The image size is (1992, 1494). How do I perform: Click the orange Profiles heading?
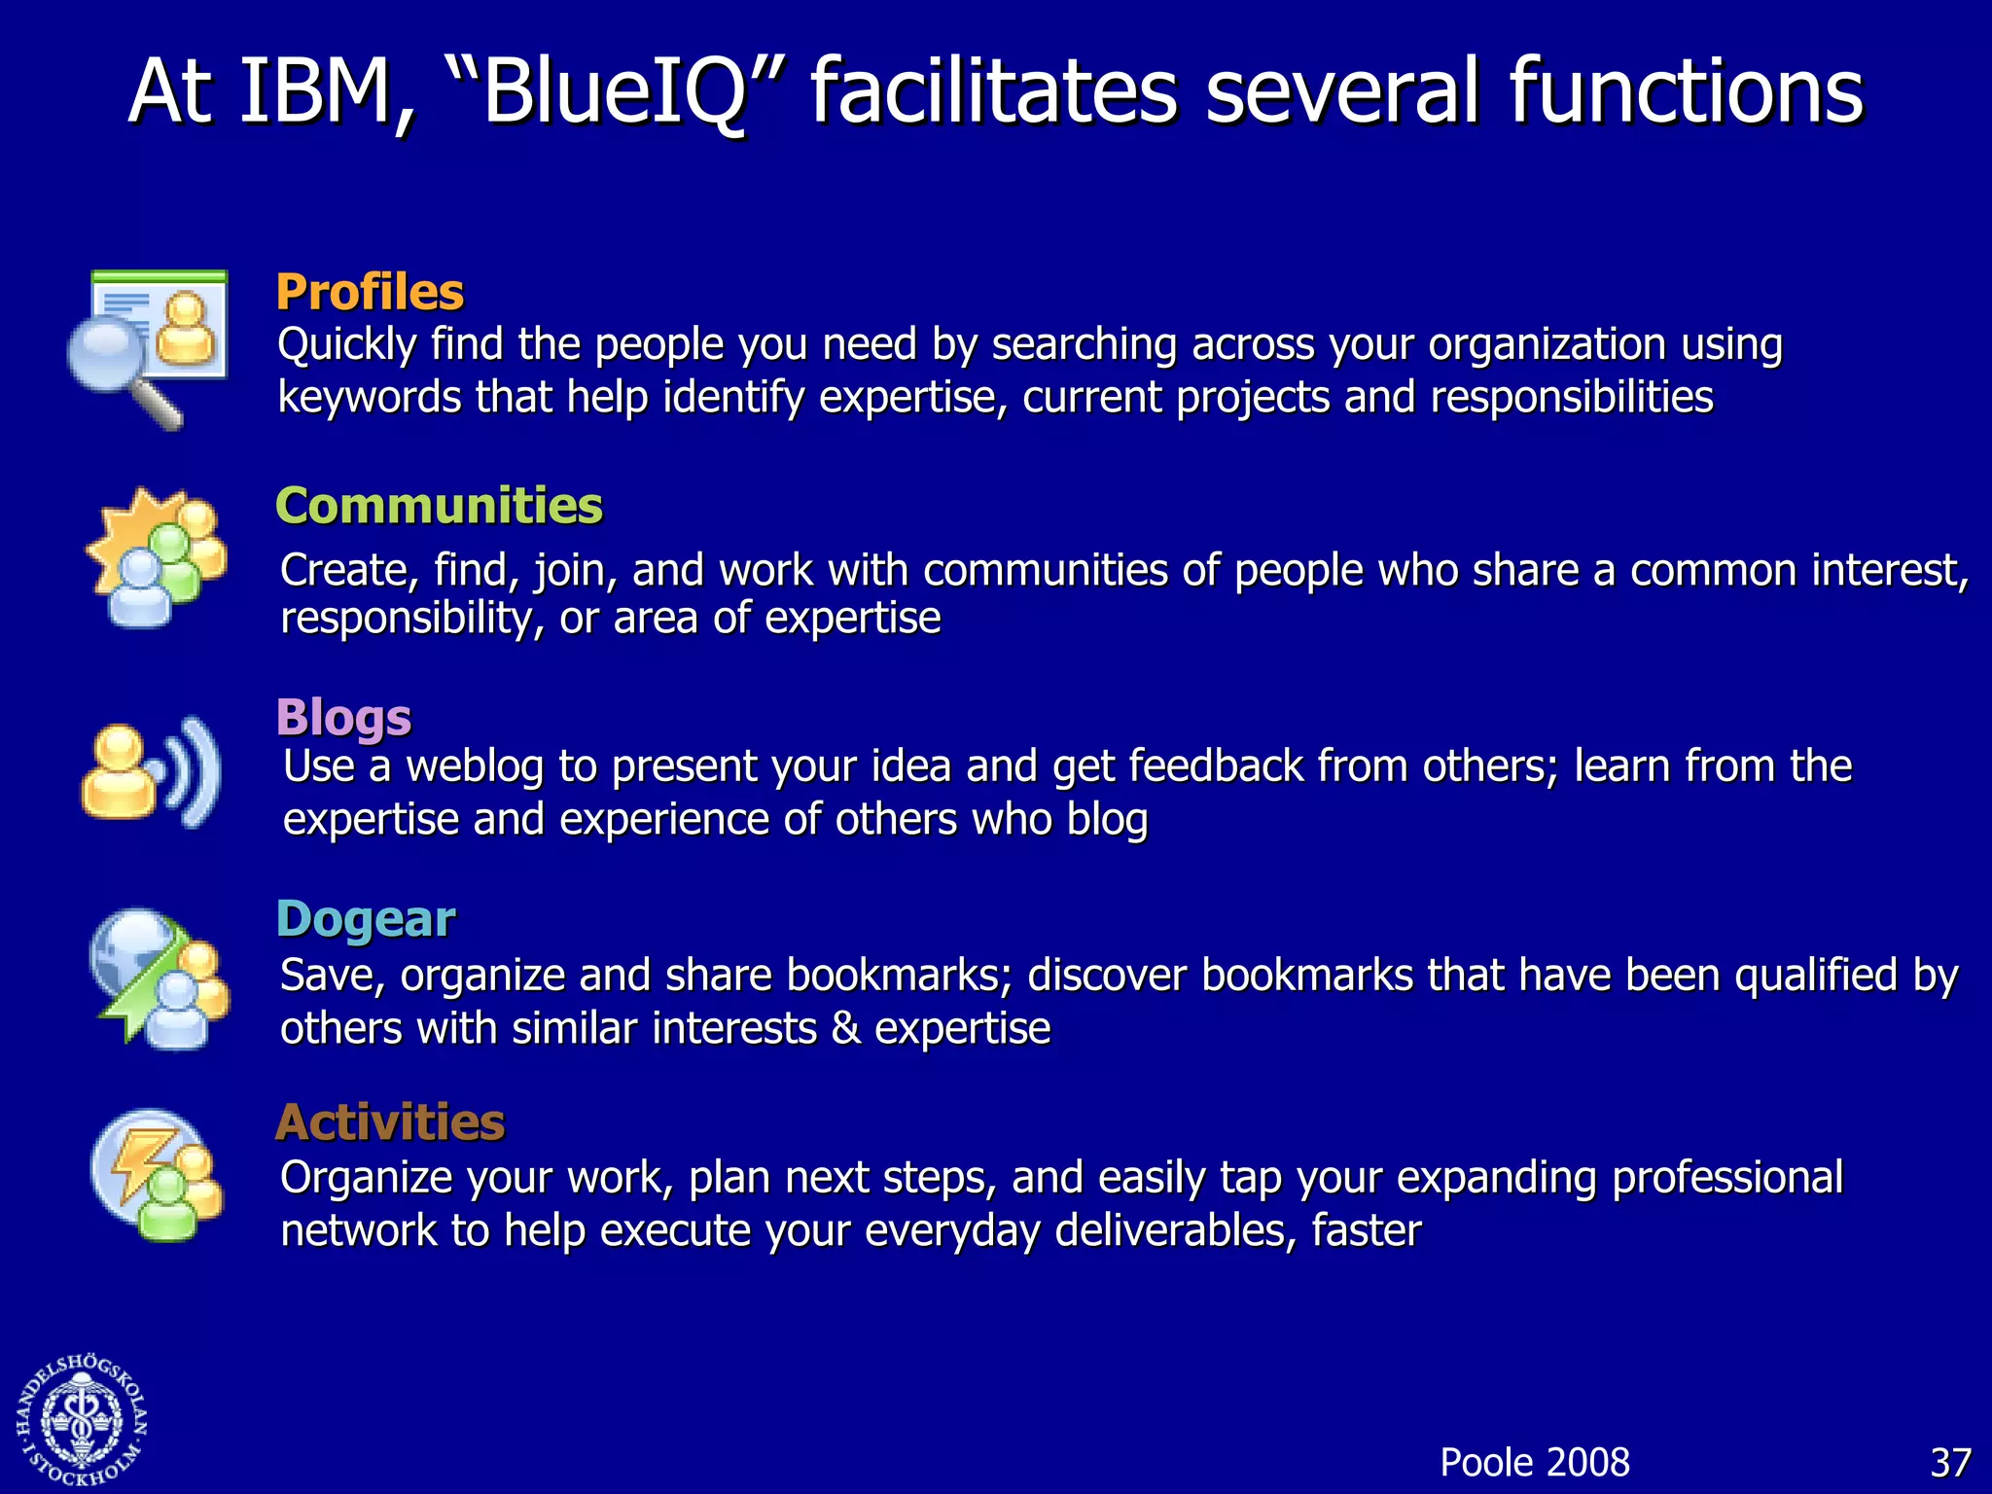tap(370, 292)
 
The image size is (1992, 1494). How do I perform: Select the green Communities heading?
tap(439, 506)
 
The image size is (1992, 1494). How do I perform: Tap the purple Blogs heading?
tap(343, 718)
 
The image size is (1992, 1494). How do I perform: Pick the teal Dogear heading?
tap(366, 919)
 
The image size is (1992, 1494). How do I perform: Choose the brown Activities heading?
tap(390, 1122)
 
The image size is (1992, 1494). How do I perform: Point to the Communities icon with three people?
tap(158, 559)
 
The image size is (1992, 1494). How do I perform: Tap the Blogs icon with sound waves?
tap(151, 773)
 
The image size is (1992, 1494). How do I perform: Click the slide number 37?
tap(1950, 1463)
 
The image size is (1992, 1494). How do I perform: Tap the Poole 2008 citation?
tap(1534, 1463)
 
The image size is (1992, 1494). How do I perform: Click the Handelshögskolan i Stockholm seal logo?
tap(82, 1421)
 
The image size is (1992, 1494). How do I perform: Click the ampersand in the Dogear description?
tap(846, 1029)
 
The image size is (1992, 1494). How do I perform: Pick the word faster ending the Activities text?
tap(1366, 1231)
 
